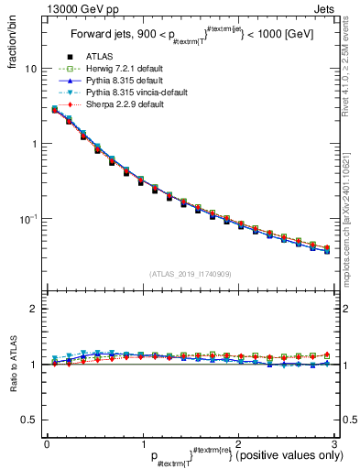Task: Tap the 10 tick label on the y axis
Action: point(31,70)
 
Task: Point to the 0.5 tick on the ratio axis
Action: point(28,420)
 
